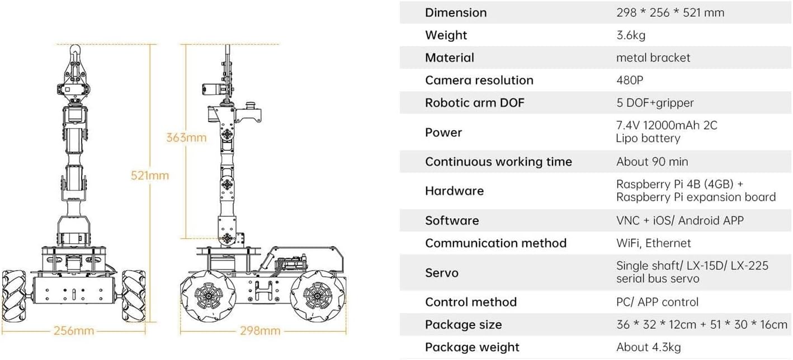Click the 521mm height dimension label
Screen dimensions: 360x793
(x=149, y=175)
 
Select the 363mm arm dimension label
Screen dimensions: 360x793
(x=186, y=137)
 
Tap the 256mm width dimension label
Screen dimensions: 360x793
(x=74, y=330)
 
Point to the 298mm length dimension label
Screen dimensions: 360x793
(x=260, y=330)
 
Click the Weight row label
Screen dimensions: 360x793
(x=446, y=35)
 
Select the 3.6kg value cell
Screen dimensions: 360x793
(x=630, y=35)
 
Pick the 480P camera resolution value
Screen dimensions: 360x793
(x=630, y=80)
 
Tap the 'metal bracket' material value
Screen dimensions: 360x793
(x=653, y=58)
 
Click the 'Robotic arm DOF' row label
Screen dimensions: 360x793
(x=474, y=103)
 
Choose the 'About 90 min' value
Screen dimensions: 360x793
(x=652, y=162)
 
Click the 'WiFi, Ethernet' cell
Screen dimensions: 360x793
(x=653, y=243)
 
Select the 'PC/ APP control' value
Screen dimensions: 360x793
(x=657, y=302)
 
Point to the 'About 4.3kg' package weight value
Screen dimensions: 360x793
(x=648, y=347)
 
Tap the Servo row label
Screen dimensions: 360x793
(x=441, y=273)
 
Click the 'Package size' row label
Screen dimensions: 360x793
(x=463, y=325)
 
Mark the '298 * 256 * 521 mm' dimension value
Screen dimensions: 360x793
(x=670, y=12)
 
